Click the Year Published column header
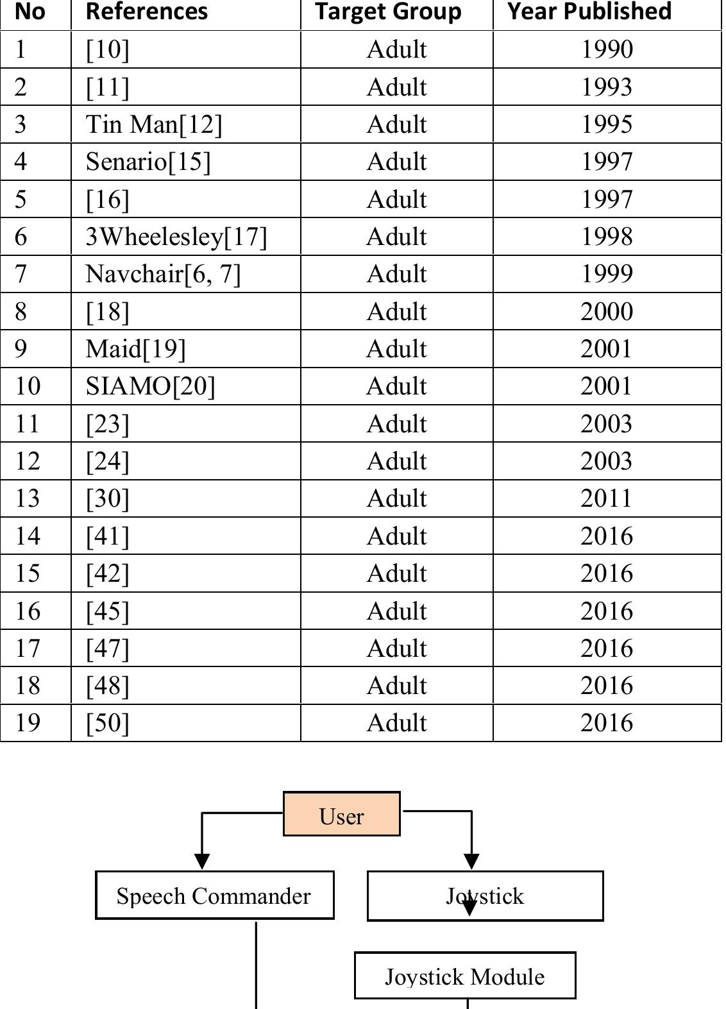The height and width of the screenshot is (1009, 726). point(589,12)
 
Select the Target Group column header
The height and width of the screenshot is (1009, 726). point(388,12)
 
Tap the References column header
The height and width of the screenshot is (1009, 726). point(147,12)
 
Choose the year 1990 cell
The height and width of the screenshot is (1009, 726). point(607,49)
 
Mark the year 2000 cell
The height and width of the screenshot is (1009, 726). point(607,311)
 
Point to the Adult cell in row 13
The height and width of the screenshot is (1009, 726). point(396,498)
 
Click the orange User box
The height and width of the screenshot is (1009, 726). point(341,813)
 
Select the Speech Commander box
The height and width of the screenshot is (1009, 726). point(214,895)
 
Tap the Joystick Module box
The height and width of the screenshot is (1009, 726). point(465,976)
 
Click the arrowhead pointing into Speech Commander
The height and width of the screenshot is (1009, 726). point(202,861)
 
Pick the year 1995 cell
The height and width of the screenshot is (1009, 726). point(607,124)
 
